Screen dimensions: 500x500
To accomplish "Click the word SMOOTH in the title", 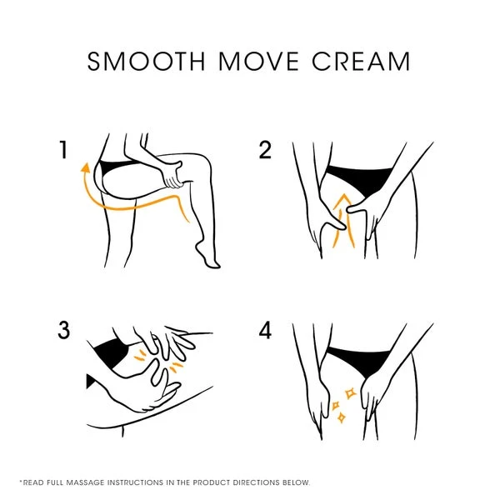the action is point(146,61).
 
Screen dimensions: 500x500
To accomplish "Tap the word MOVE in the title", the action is point(258,61).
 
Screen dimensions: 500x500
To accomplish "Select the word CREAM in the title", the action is point(361,61).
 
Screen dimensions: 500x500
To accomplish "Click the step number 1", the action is point(64,150).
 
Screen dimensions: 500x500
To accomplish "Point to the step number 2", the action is point(265,150).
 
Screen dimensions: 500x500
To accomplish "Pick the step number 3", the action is point(64,330).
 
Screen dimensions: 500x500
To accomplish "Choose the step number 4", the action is point(265,330).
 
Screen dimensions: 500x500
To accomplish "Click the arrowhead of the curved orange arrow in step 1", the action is point(85,167).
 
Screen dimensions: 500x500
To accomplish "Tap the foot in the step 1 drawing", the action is point(207,256).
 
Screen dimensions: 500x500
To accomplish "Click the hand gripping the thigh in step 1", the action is point(172,175).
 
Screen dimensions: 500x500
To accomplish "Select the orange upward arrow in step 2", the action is point(343,220).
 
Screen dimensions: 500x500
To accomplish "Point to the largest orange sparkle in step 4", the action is point(351,393).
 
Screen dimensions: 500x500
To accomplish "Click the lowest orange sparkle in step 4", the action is point(341,417).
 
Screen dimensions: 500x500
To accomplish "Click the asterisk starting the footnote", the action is point(21,481).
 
